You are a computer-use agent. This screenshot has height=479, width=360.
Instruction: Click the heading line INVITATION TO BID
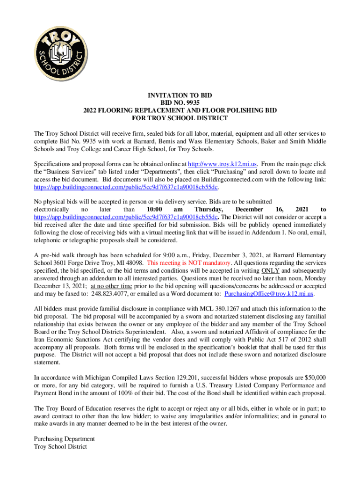click(180, 95)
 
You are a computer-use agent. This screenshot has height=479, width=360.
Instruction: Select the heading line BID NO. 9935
click(180, 102)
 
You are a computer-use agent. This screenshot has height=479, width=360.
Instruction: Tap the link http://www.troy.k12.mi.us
click(223, 164)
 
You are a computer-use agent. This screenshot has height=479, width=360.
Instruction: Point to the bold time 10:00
click(154, 209)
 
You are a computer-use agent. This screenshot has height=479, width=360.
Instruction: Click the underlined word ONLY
click(270, 270)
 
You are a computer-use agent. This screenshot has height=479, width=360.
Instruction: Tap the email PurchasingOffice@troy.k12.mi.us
click(269, 293)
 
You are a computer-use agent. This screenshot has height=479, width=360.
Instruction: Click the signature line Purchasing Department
click(65, 439)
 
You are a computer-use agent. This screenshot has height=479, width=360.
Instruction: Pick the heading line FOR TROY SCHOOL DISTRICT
click(180, 118)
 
